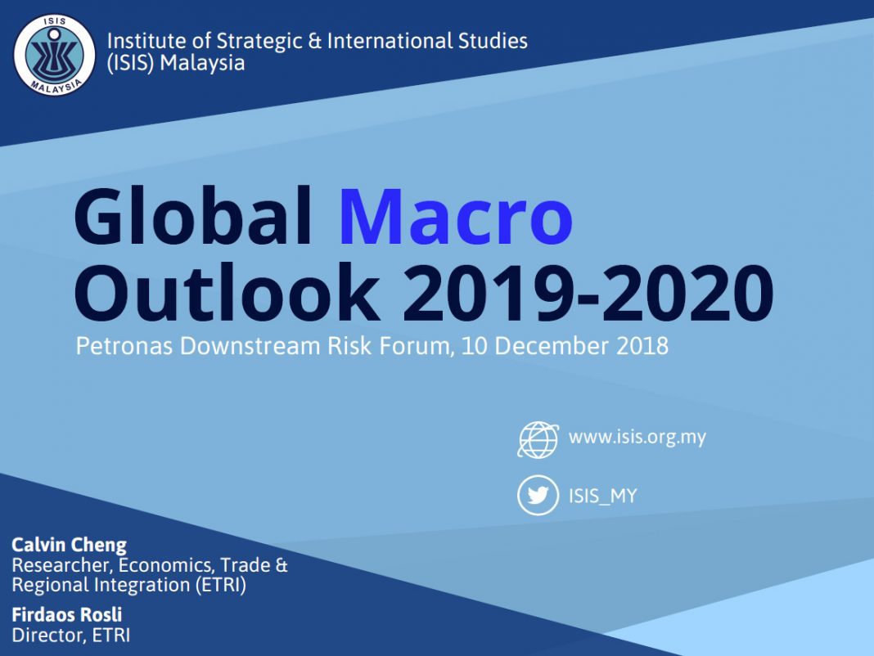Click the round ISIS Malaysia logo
click(54, 55)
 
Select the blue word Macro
click(455, 218)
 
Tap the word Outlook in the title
click(228, 292)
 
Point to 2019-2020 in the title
click(588, 293)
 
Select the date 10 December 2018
click(565, 345)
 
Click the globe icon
click(538, 440)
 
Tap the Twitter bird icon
click(538, 495)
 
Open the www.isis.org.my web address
click(637, 437)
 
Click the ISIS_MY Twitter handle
click(602, 496)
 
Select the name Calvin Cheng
click(69, 545)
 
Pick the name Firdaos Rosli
click(67, 614)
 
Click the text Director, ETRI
click(71, 635)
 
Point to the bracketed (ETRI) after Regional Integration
click(221, 585)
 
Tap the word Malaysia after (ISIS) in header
click(202, 63)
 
